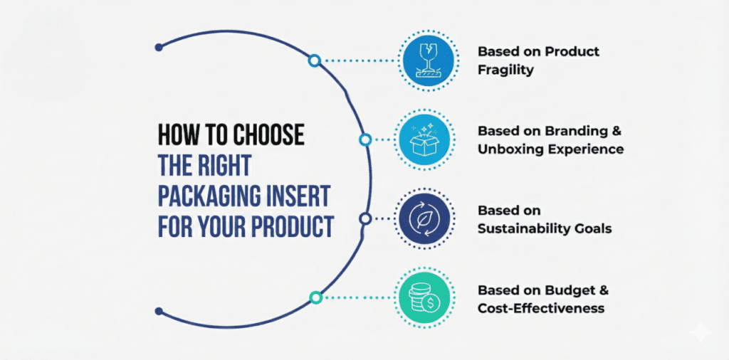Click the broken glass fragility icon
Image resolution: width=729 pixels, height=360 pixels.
coord(427,60)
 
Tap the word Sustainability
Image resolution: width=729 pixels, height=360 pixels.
coord(523,228)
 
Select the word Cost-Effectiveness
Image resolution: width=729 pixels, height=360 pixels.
coord(541,308)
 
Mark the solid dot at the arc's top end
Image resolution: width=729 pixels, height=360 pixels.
coord(159,48)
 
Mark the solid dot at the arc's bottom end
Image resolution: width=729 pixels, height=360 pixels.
coord(159,311)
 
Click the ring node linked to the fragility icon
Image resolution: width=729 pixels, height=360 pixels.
coord(314,61)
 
